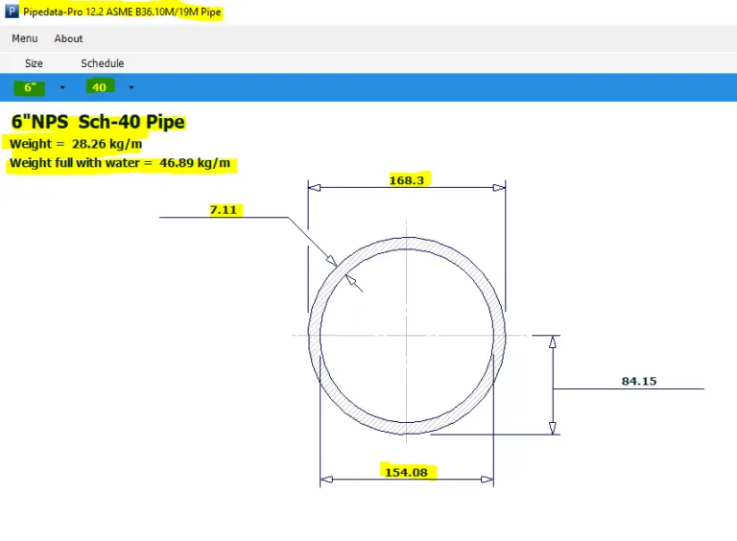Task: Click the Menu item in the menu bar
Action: pos(25,38)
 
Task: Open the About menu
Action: pos(68,38)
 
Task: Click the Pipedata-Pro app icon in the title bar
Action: pos(11,12)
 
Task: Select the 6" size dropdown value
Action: pos(29,87)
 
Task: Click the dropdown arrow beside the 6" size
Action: pos(62,87)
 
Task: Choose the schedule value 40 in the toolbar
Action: pos(99,87)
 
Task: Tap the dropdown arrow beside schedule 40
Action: pos(131,87)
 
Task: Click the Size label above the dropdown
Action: pos(34,63)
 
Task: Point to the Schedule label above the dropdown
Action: pos(102,63)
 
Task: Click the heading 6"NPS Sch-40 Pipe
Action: pos(98,123)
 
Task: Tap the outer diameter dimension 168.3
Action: pos(407,179)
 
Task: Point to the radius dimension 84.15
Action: pos(639,381)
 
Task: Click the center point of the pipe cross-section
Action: pos(407,335)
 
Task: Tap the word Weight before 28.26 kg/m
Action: pos(30,144)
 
